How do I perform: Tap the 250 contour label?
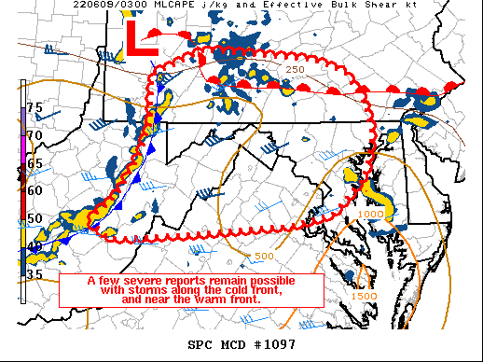pos(296,70)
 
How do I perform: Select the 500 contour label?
pos(264,257)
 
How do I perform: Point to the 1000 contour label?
pos(370,215)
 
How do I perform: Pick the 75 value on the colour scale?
pos(34,108)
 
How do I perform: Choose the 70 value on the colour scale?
pos(34,135)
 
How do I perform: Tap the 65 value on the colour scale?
pos(34,163)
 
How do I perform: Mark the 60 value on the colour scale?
pos(34,190)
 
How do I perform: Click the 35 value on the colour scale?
pos(34,274)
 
